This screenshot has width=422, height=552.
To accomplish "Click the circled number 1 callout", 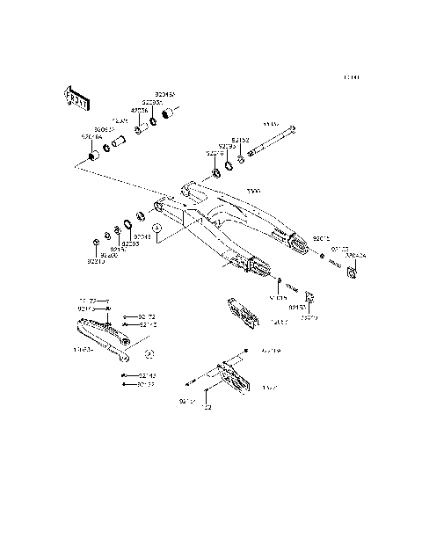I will coord(157,228).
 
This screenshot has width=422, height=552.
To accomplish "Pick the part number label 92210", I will coord(95,261).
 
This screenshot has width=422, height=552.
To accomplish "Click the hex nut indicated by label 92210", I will coord(95,242).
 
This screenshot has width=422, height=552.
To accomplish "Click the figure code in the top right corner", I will coord(352,77).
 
